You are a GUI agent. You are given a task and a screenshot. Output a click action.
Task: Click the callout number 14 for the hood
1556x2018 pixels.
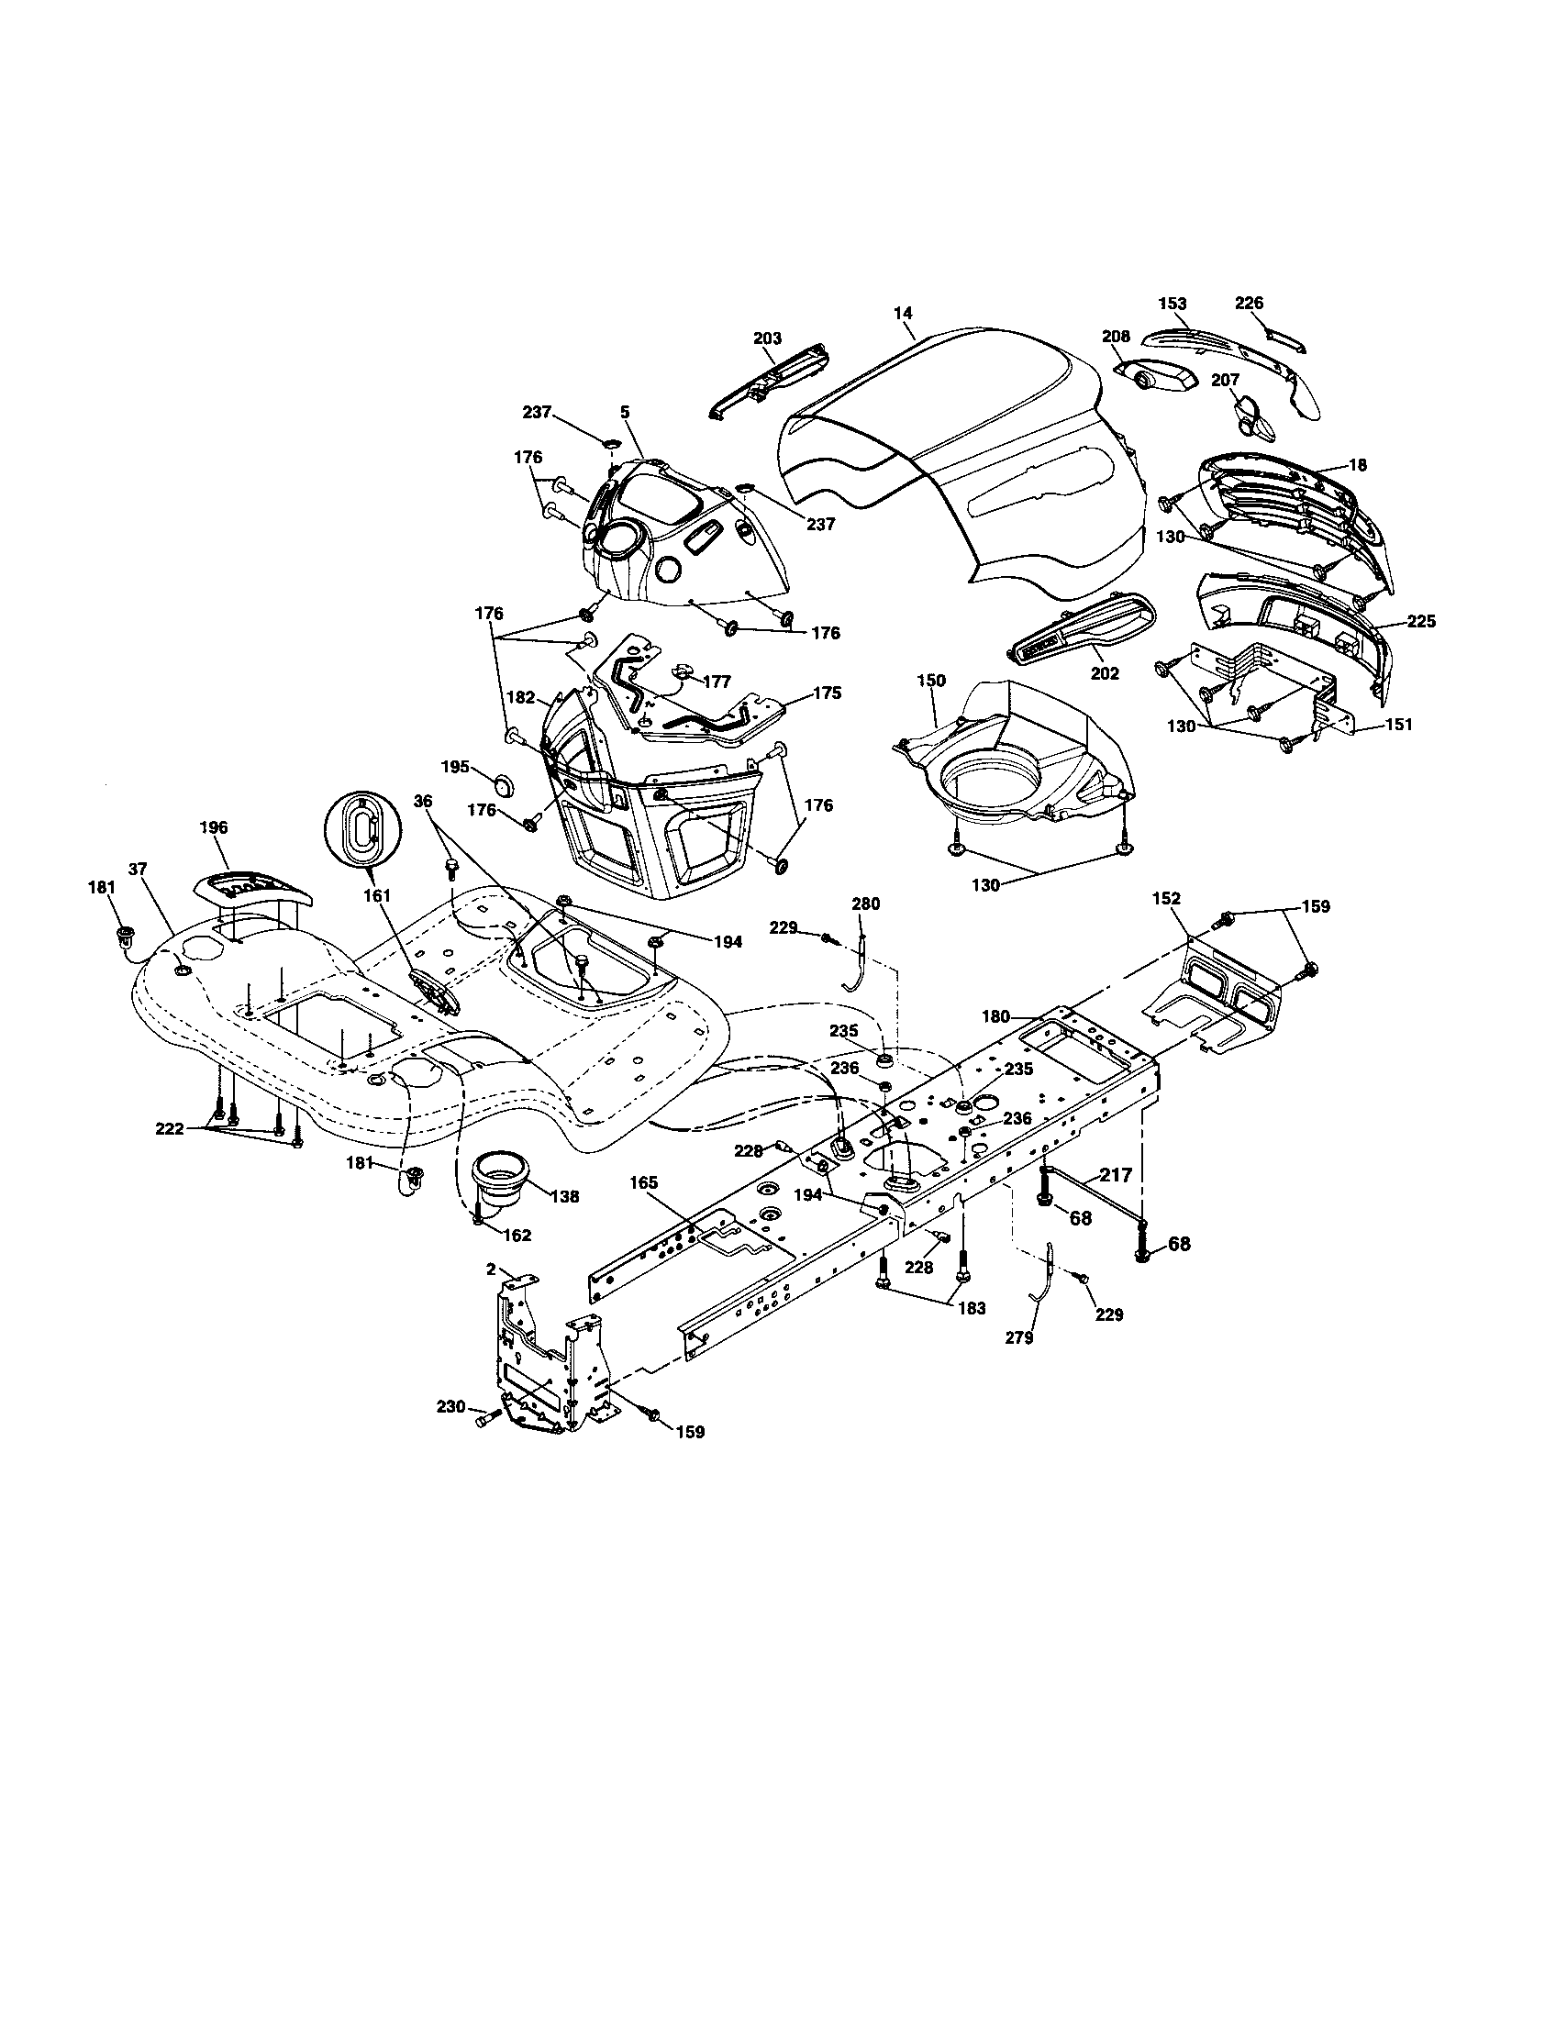903,312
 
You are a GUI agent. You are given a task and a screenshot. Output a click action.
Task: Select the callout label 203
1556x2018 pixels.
767,338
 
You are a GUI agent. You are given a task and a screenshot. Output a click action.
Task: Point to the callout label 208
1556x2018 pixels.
1117,338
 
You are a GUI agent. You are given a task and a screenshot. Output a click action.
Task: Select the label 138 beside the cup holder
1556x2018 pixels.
563,1195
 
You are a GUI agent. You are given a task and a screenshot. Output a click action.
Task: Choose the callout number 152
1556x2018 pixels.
1166,897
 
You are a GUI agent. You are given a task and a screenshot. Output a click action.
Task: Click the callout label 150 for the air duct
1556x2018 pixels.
931,680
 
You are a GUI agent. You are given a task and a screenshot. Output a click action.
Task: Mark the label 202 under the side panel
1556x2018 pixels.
1105,673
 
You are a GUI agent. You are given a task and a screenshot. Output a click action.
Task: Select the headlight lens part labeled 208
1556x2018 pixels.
1155,378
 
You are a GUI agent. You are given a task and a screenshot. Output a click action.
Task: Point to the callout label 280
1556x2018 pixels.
866,904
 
